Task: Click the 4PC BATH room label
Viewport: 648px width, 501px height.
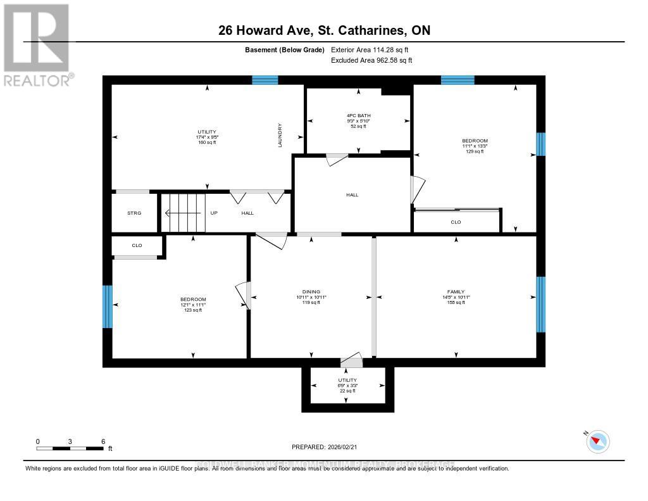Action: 358,115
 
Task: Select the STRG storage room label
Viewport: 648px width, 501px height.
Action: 134,213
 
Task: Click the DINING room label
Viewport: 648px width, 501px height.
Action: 311,292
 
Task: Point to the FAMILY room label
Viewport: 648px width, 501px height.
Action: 456,292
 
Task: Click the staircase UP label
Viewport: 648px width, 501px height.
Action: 214,213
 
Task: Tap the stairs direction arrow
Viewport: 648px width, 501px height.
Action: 184,213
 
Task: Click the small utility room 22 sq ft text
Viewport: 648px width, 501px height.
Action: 347,391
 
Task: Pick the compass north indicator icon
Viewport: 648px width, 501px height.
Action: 597,441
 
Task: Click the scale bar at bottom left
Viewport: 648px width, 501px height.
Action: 70,448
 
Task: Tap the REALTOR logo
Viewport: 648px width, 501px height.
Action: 37,44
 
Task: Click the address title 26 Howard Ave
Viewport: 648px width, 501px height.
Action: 324,30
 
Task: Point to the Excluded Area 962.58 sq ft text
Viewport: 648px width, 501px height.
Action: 371,61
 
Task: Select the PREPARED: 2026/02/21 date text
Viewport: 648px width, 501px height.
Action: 324,447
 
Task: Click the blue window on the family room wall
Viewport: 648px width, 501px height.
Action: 540,304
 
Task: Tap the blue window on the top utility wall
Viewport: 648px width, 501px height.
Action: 265,80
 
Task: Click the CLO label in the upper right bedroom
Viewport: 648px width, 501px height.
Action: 456,222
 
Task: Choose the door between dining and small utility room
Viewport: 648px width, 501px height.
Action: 351,362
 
